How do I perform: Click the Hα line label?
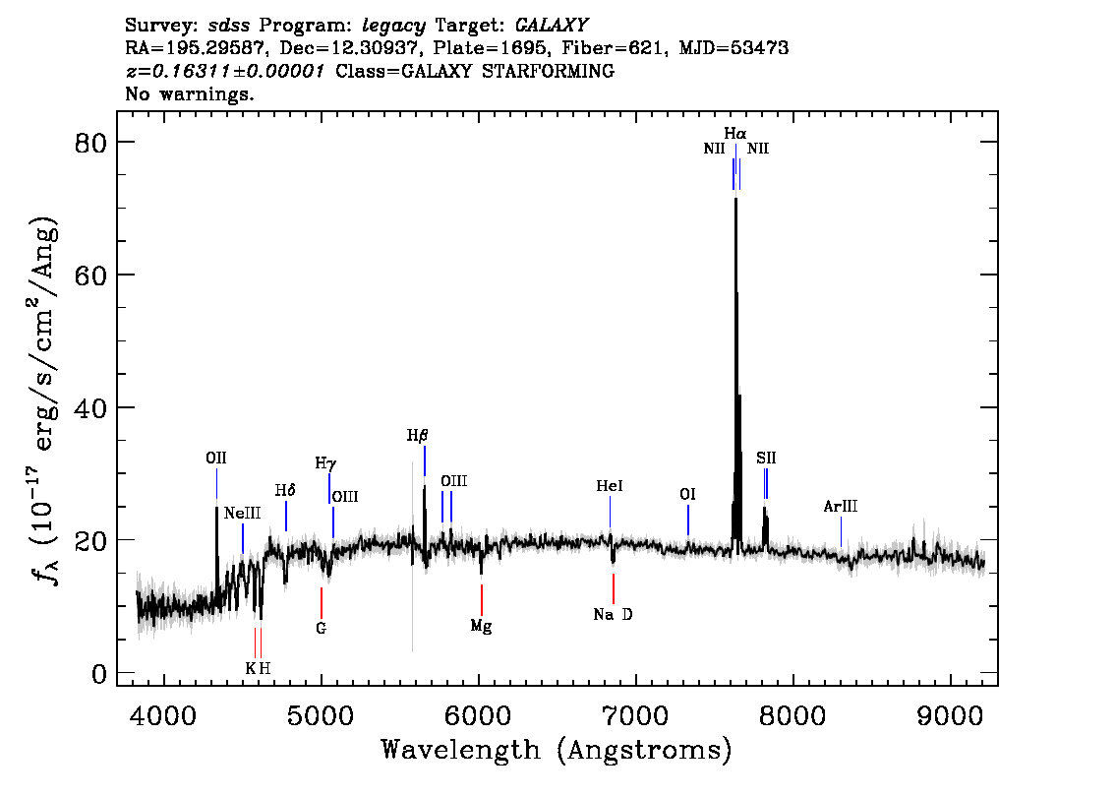pos(735,133)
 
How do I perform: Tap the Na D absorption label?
pos(613,614)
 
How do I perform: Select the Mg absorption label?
pos(482,626)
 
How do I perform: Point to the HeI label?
pos(610,486)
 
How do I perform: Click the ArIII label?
pos(841,507)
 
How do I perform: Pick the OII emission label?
pos(216,459)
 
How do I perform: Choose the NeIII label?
pos(243,513)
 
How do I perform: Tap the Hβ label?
pos(418,436)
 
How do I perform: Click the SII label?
pos(766,459)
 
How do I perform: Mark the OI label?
pos(687,495)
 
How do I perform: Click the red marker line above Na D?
pos(613,588)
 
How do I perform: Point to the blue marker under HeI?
pos(611,512)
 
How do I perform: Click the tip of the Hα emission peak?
pos(736,199)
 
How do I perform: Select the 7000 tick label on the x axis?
pos(636,715)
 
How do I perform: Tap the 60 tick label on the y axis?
pos(90,275)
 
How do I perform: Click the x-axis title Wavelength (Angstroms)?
pos(557,750)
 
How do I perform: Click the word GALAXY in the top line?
pos(552,26)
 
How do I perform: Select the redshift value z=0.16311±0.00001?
pos(225,71)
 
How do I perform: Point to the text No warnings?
pos(189,93)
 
